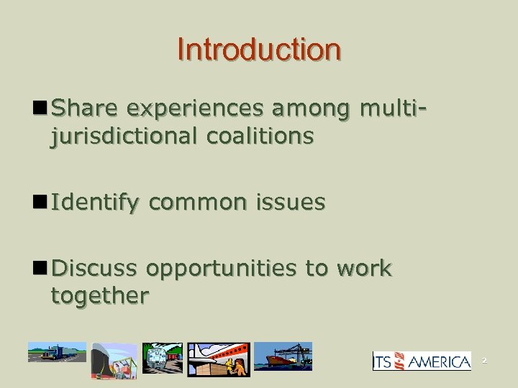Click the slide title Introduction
259,50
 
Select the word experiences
191,109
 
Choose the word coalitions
261,136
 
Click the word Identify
96,204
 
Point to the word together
99,295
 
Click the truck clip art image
57,353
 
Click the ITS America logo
422,361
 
